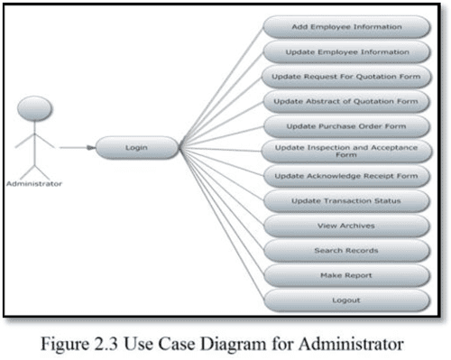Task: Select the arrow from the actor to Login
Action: pyautogui.click(x=77, y=144)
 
